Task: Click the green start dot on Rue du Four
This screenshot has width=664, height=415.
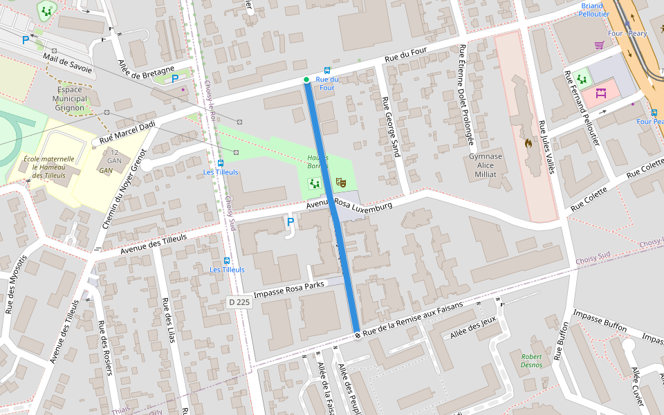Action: click(x=306, y=80)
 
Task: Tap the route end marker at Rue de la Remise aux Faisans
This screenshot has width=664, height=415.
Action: click(x=358, y=335)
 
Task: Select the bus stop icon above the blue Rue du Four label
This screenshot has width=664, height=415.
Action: click(x=326, y=71)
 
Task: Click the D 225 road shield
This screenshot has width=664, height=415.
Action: click(x=239, y=302)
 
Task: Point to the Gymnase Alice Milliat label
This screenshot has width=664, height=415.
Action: click(x=485, y=165)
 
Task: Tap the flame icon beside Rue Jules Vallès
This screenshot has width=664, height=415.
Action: click(x=528, y=144)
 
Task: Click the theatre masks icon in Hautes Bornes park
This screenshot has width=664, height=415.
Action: click(x=340, y=183)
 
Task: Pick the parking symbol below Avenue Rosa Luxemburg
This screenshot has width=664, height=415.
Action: click(x=290, y=222)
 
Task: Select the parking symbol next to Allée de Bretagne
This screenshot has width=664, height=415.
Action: click(x=175, y=79)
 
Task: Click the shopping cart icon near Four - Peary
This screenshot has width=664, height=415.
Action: click(x=599, y=46)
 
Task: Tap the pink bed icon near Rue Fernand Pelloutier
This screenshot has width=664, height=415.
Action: click(x=600, y=93)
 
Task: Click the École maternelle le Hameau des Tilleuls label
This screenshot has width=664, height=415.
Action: click(x=48, y=167)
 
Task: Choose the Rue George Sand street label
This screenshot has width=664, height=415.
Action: click(x=391, y=127)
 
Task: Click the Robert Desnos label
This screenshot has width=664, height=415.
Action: click(x=531, y=360)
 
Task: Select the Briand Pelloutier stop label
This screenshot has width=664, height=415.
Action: click(x=595, y=10)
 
